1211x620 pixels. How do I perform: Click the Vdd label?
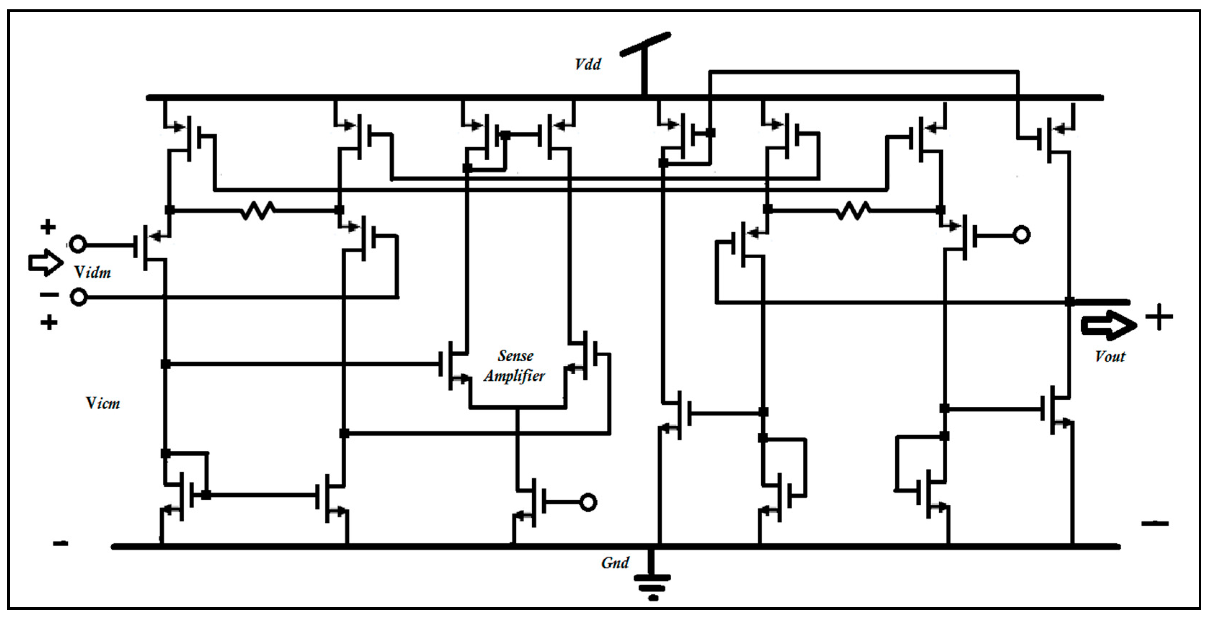coord(587,64)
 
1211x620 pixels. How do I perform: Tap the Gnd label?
coord(614,563)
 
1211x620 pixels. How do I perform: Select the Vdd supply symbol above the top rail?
coord(645,57)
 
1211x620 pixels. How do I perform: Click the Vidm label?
coord(93,272)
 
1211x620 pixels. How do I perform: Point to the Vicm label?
coord(102,403)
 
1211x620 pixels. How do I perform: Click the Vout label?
coord(1109,356)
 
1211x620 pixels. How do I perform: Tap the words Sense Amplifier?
coord(515,366)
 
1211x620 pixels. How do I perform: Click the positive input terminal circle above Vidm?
coord(78,244)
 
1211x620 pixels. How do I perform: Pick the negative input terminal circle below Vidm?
coord(79,298)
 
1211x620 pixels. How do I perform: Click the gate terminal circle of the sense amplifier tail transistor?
coord(588,502)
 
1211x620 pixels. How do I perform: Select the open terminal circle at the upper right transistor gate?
coord(1021,235)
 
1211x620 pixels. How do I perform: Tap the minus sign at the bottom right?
coord(1154,523)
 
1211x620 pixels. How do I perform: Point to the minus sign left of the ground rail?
coord(60,543)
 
